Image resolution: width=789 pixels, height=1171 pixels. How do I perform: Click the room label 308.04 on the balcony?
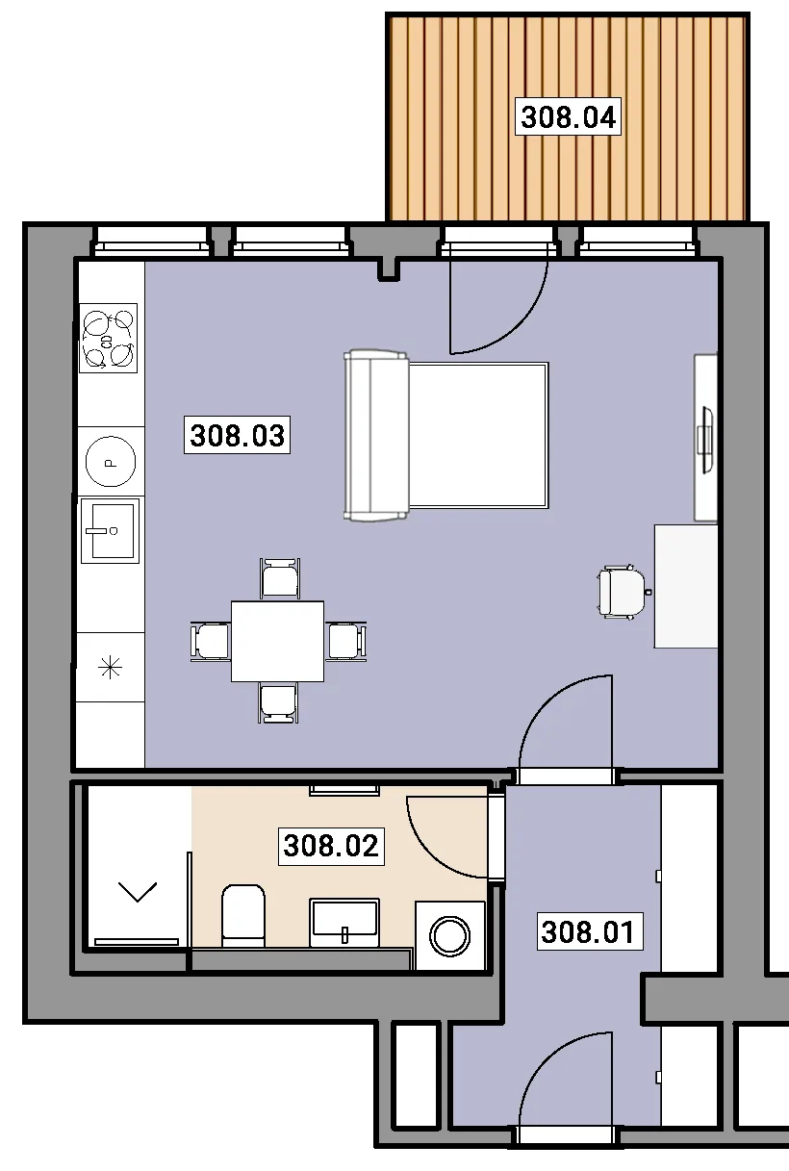tap(569, 116)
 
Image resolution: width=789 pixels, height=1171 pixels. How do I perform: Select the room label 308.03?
tap(237, 435)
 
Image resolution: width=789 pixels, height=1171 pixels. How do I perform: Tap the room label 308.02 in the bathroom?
tap(331, 846)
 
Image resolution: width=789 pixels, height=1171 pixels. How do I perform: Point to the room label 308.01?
tap(590, 931)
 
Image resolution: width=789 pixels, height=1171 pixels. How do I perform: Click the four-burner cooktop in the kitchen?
tap(108, 338)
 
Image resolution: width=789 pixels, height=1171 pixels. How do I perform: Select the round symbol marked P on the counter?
tap(111, 462)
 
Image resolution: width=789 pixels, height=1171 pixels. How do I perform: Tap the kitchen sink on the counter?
tap(110, 530)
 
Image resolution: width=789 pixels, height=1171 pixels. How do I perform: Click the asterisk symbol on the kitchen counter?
tap(111, 668)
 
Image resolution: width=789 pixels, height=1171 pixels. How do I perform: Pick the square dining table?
tap(278, 642)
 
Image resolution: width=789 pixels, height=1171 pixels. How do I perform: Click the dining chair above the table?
tap(280, 579)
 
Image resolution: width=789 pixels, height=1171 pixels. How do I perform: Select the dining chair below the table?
tap(279, 703)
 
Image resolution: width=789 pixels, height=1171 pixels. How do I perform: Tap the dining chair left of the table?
tap(211, 642)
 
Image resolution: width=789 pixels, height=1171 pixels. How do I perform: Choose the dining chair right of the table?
tap(345, 642)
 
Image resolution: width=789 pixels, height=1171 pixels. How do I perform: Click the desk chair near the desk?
tap(624, 593)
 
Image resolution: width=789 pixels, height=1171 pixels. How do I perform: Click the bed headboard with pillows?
tap(376, 436)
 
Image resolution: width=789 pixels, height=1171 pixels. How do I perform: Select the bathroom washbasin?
tap(344, 923)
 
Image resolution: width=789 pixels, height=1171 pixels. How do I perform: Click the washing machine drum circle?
tap(449, 935)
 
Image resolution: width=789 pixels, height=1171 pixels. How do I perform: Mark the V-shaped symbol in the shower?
tap(138, 891)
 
